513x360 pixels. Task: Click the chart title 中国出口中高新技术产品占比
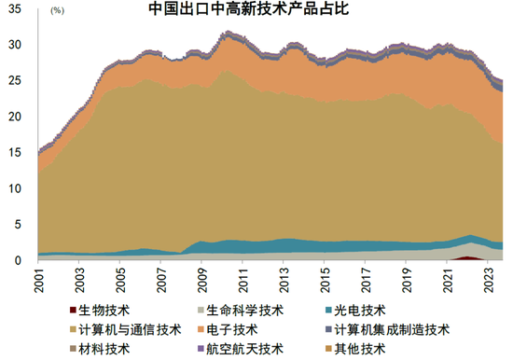tap(244, 11)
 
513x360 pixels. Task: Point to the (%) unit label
tap(57, 11)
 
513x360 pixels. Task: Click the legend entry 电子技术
tap(239, 329)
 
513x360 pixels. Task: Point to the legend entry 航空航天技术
tap(246, 349)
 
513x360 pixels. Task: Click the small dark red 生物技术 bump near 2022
tap(468, 257)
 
